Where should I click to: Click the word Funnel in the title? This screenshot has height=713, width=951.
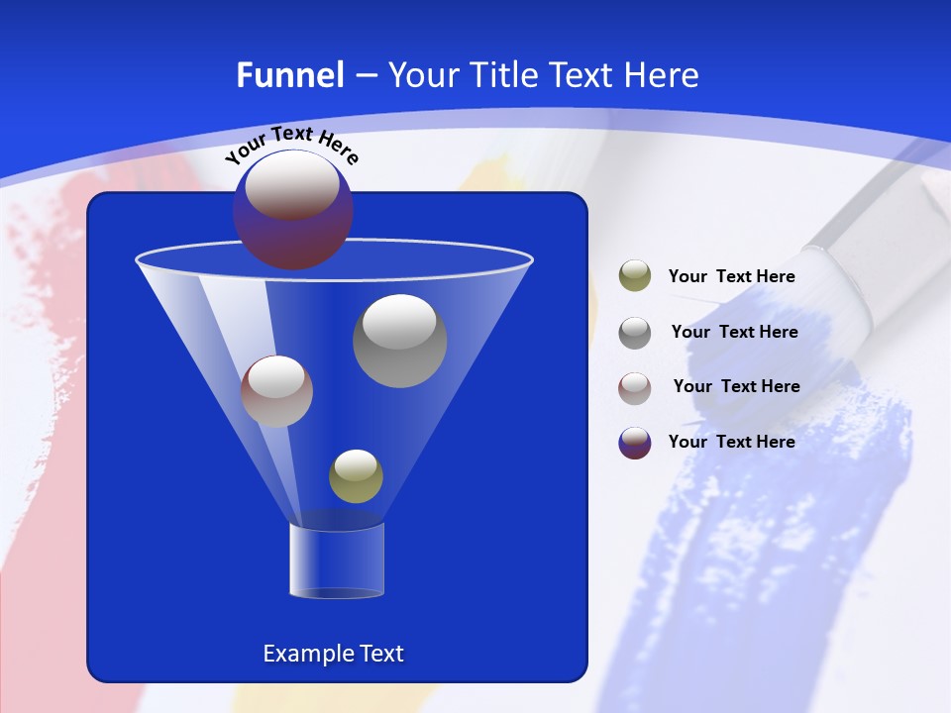(x=290, y=75)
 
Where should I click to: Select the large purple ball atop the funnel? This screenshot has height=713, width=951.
(x=292, y=209)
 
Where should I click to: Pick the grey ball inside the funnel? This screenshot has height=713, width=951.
(x=399, y=341)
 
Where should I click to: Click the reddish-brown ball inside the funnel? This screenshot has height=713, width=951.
(x=276, y=391)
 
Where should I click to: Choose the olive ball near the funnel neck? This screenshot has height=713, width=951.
(x=356, y=475)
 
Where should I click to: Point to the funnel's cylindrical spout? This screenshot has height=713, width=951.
(x=337, y=560)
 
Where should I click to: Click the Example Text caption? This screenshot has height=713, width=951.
(x=333, y=654)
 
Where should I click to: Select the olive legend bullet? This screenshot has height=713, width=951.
(x=635, y=276)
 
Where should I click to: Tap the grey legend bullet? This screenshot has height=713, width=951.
(x=635, y=332)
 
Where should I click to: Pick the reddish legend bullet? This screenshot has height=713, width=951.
(x=635, y=387)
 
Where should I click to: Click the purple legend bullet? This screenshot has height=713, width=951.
(x=635, y=443)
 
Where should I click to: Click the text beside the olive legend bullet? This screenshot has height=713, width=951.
(x=731, y=276)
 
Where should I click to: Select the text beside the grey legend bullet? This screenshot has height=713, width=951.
(x=734, y=332)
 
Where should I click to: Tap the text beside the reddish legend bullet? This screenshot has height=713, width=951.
(x=736, y=386)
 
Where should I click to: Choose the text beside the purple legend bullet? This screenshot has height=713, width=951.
(x=731, y=442)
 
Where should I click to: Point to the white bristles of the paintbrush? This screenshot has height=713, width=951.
(x=847, y=287)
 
